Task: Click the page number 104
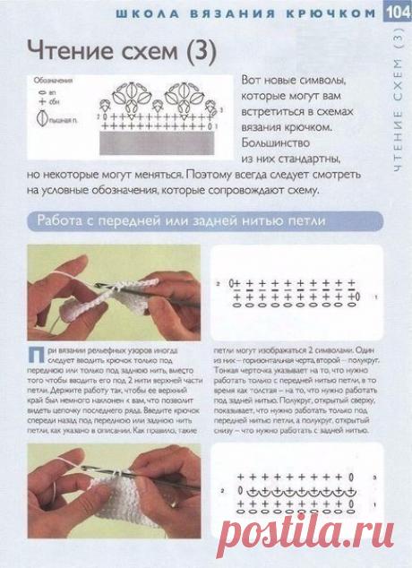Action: [x=399, y=12]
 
